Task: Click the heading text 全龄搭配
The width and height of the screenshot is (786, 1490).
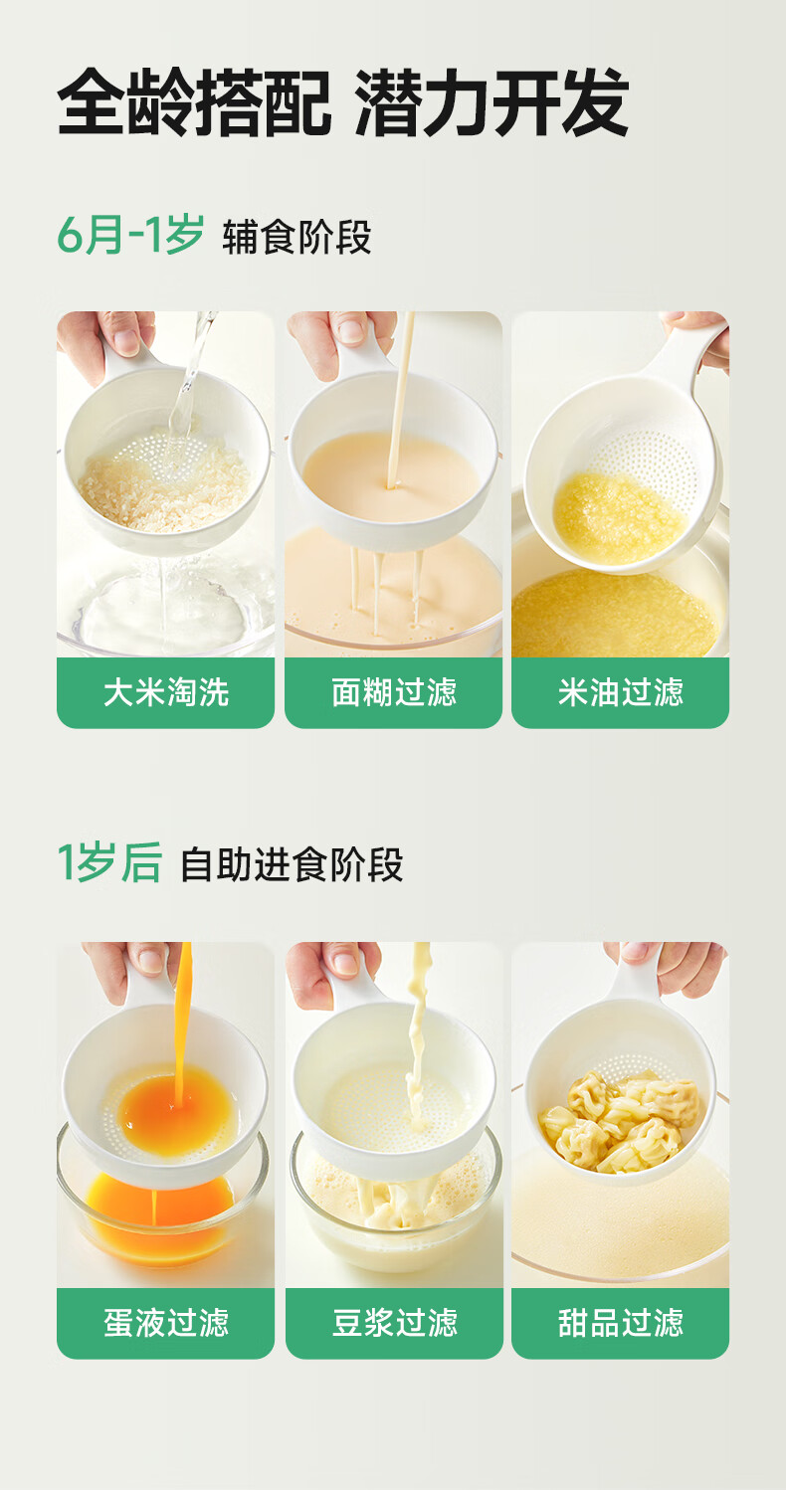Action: click(194, 102)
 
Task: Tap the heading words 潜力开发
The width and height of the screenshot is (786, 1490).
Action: click(491, 102)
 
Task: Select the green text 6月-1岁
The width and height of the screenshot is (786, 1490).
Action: click(130, 235)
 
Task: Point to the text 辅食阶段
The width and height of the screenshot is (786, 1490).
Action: click(296, 237)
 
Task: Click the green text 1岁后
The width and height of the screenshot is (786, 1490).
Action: click(109, 862)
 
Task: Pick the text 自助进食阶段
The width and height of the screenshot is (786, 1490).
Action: click(292, 864)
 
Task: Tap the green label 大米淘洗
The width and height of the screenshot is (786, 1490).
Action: click(166, 692)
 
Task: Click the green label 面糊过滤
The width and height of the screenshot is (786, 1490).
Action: click(393, 692)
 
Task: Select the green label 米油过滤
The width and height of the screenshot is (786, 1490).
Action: click(620, 692)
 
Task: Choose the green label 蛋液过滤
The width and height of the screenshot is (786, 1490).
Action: click(166, 1323)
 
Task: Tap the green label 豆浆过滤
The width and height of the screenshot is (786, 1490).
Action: click(394, 1323)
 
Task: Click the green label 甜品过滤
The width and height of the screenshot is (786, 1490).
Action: click(620, 1323)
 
